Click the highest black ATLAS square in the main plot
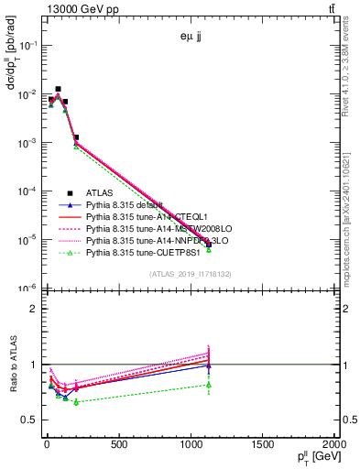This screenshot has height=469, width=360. (59, 89)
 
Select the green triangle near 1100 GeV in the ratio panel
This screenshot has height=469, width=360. (209, 385)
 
